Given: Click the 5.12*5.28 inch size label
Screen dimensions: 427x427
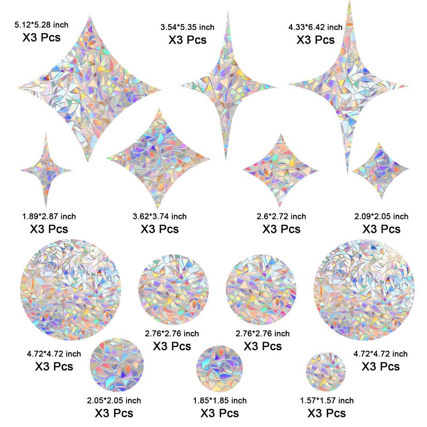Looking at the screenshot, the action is (42, 25).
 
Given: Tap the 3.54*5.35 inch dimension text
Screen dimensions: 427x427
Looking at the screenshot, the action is (187, 27).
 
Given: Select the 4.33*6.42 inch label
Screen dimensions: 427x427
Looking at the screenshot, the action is (315, 27).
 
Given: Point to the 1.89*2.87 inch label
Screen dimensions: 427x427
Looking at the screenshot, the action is (49, 217).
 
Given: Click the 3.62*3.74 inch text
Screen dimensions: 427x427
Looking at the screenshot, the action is (160, 217).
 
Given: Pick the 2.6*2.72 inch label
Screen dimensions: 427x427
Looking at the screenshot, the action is (281, 217).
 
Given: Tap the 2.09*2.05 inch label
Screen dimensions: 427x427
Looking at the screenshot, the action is (381, 217).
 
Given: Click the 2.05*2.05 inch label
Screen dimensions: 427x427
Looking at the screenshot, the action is (114, 401).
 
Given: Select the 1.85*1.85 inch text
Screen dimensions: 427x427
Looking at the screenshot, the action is (220, 401).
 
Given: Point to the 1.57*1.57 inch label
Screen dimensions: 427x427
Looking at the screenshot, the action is (327, 401).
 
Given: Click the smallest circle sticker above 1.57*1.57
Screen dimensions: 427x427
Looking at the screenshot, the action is (326, 371).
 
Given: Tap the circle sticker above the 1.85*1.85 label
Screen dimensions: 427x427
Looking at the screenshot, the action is (219, 369).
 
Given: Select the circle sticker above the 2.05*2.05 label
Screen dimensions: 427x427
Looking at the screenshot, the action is (116, 365).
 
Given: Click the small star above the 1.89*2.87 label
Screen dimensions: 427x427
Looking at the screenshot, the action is (46, 171).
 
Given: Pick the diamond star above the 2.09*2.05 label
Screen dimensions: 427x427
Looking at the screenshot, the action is (380, 170).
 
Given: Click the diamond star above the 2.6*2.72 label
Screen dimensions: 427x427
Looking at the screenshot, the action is (280, 170).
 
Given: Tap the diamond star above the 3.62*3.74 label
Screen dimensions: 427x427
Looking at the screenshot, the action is (158, 159).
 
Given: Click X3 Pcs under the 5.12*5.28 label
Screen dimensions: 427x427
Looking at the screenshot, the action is (42, 37).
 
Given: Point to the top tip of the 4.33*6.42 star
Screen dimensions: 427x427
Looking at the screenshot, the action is (350, 1).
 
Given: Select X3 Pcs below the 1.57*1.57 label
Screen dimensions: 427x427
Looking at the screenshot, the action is (327, 413).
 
